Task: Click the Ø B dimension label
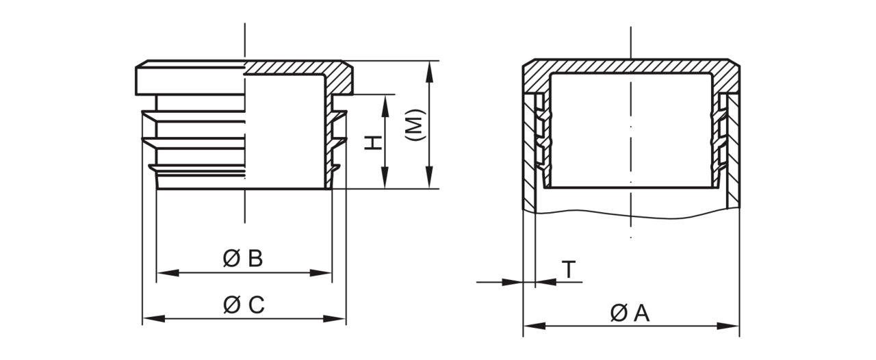[x=243, y=259]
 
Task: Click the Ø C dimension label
[x=244, y=305]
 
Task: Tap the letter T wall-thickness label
[x=569, y=269]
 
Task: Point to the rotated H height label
[x=373, y=143]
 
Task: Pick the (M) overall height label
[x=414, y=125]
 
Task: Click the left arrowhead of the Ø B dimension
[x=168, y=273]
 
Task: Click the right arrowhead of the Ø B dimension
[x=321, y=273]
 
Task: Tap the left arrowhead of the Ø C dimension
[x=153, y=319]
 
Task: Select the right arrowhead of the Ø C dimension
[x=335, y=319]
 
